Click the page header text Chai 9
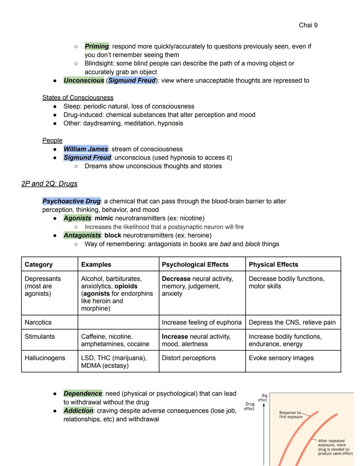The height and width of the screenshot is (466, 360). pos(308,25)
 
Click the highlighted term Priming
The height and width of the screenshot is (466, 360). pos(97,46)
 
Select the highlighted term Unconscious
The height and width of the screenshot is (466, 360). pos(84,80)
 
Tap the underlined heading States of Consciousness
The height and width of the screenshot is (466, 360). pos(78,97)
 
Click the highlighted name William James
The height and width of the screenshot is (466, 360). pos(86,149)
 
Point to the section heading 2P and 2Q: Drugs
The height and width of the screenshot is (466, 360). pos(49,184)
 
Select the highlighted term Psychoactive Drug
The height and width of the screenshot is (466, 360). pos(71,201)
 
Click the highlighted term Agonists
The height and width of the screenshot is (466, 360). pos(77,218)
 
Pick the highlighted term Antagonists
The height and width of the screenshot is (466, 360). pos(82,235)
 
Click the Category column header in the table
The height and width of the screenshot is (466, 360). pos(39,265)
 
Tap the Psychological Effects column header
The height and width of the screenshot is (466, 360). pos(195,265)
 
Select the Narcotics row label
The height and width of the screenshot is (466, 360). pos(38,322)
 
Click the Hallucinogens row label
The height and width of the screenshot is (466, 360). pos(45,358)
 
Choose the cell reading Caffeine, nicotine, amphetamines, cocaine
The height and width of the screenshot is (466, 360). pos(115,340)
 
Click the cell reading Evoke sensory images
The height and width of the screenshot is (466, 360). pos(281,358)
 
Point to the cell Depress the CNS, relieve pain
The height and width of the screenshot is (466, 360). pos(292,322)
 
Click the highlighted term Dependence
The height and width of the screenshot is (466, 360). pos(83,394)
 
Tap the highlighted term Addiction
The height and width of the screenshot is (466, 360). pos(78,411)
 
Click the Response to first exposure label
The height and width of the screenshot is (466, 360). pos(290,415)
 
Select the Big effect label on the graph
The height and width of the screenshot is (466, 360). pos(263,398)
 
